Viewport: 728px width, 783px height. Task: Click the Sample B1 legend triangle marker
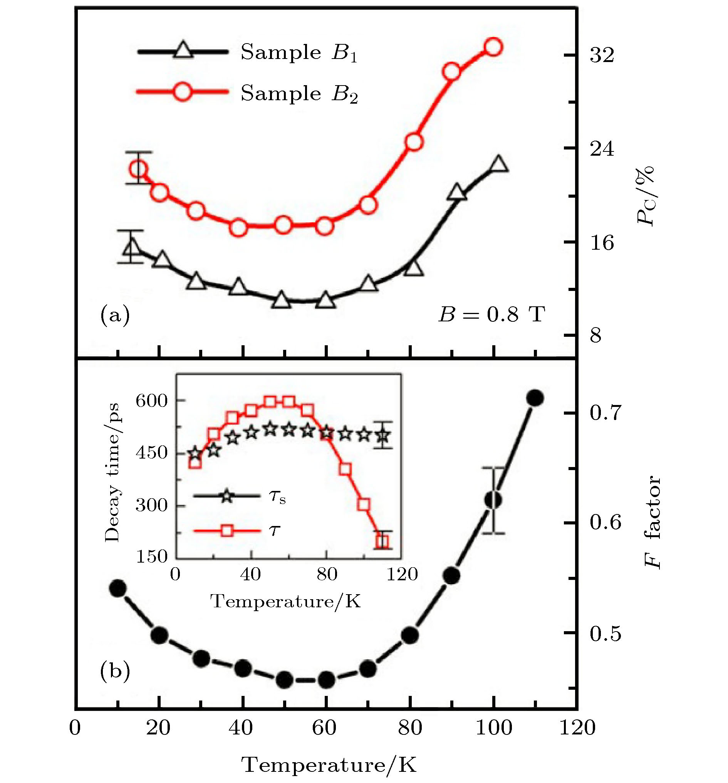183,50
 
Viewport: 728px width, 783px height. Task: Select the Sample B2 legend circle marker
183,91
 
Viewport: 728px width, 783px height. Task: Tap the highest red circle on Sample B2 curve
493,47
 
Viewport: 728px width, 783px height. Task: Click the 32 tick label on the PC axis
602,55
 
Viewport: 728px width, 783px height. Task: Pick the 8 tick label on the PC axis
596,336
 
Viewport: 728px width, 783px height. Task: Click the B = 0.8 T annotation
492,315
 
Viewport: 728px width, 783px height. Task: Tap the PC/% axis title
646,195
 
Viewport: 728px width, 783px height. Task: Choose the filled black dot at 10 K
118,588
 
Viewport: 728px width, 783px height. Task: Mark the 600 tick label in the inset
152,401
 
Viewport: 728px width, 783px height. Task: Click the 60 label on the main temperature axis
324,728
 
